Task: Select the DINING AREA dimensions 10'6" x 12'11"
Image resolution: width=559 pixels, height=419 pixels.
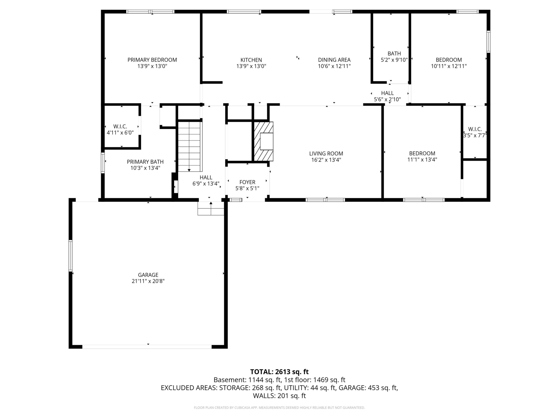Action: click(334, 66)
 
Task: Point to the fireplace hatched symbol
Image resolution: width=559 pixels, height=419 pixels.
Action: click(263, 141)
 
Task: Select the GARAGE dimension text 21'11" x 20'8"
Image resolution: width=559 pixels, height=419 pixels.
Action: click(148, 281)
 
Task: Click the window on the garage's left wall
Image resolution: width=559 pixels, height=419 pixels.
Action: click(71, 256)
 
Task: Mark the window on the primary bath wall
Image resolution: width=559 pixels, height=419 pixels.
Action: click(103, 163)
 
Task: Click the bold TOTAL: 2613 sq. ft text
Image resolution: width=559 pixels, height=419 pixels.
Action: click(279, 372)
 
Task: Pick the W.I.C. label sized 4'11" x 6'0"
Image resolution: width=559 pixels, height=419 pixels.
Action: click(120, 129)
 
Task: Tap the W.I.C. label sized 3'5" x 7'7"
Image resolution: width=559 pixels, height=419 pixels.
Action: click(475, 132)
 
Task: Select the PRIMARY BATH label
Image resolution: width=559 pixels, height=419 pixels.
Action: click(145, 165)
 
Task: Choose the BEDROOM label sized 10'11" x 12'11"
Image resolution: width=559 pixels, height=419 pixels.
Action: click(449, 63)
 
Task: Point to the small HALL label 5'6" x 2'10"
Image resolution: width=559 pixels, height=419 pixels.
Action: click(387, 96)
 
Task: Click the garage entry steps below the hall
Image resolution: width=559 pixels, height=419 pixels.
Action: click(211, 208)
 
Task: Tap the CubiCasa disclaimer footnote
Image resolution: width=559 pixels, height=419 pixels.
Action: click(279, 408)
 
